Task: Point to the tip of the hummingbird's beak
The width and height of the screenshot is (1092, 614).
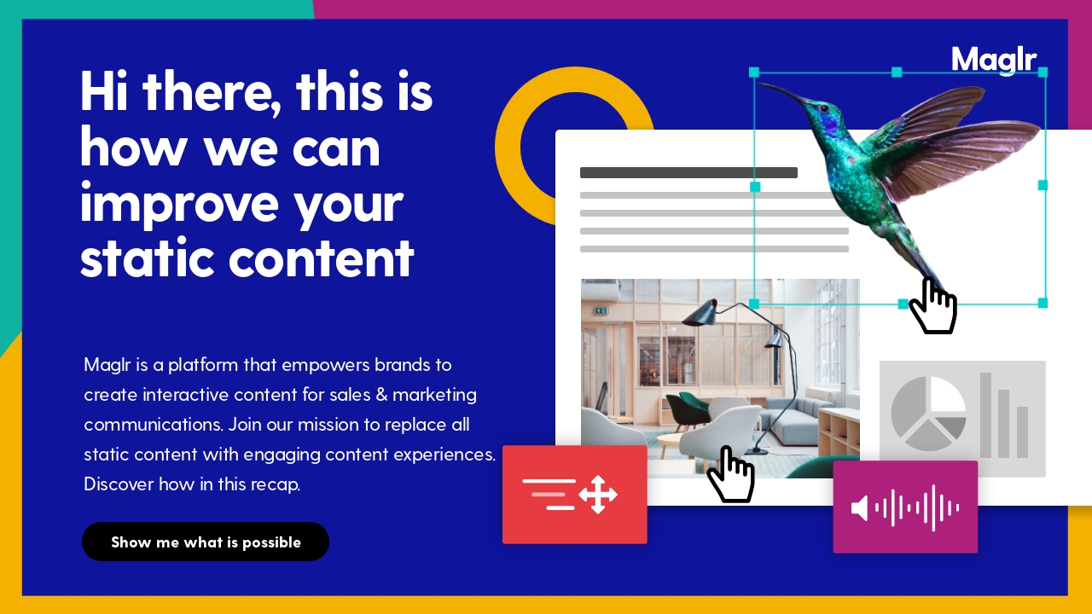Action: pyautogui.click(x=759, y=84)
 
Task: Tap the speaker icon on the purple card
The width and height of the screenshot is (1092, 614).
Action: pyautogui.click(x=859, y=508)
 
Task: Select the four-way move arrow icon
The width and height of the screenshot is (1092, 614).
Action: pyautogui.click(x=598, y=495)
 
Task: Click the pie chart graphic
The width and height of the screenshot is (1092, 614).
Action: pyautogui.click(x=928, y=414)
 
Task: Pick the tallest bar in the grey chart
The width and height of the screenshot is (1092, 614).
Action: pyautogui.click(x=985, y=415)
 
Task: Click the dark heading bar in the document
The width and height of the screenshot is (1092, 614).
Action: pyautogui.click(x=688, y=172)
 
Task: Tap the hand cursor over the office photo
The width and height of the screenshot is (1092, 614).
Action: pyautogui.click(x=730, y=474)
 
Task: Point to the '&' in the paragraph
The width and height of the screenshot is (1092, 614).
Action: pyautogui.click(x=381, y=395)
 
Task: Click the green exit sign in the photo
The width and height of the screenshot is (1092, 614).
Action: pyautogui.click(x=601, y=310)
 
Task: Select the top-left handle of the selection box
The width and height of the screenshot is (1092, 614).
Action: pyautogui.click(x=754, y=72)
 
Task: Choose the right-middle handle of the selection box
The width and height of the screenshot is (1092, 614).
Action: pyautogui.click(x=1043, y=185)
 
